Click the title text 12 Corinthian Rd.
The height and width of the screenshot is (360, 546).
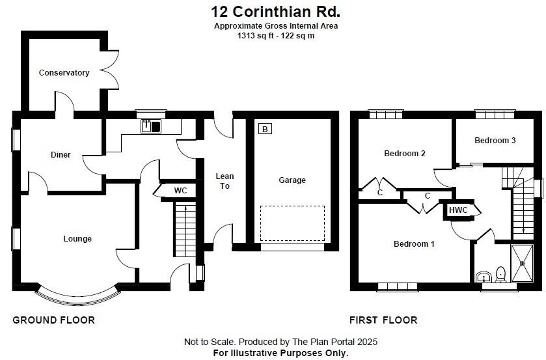(276, 11)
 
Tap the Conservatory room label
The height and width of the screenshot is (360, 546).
(64, 73)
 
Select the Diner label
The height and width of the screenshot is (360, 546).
(61, 155)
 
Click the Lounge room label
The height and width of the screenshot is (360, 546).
(77, 239)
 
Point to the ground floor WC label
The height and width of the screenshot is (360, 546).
(180, 191)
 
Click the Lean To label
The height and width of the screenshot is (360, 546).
(225, 181)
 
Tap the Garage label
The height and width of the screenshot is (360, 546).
(292, 180)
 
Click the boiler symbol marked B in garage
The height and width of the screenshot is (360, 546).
(265, 129)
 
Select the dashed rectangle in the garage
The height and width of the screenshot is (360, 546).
(292, 223)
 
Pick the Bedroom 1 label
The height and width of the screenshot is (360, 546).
(414, 244)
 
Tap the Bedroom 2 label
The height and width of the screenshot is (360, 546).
(404, 154)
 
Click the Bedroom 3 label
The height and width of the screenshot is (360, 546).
(495, 141)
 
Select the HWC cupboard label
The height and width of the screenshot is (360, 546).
(458, 210)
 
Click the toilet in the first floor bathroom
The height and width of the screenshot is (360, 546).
(500, 274)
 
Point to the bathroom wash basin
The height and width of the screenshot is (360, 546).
(482, 277)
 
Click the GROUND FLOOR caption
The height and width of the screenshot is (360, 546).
(54, 320)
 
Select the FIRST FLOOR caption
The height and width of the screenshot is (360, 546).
(383, 320)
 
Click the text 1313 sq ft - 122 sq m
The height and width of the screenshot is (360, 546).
(276, 35)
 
